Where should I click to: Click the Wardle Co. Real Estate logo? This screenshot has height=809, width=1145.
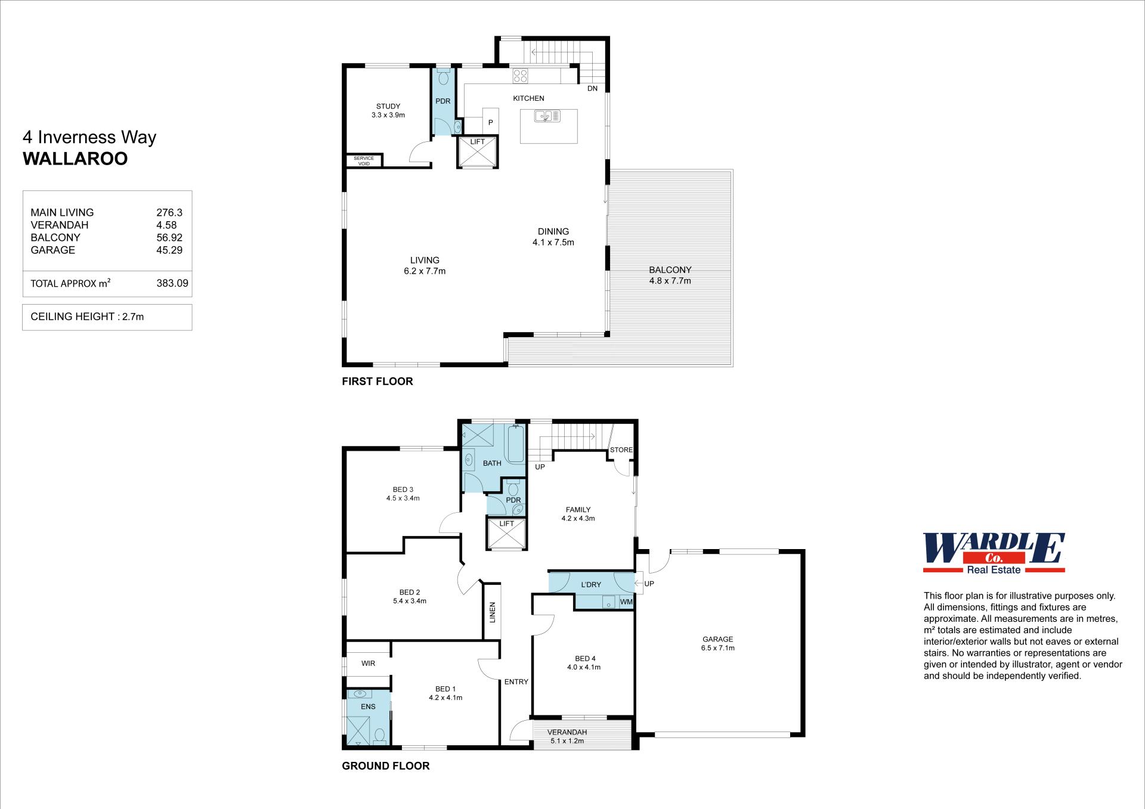click(994, 553)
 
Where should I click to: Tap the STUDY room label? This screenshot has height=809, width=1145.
click(388, 107)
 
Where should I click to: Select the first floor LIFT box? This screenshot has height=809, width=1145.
click(478, 152)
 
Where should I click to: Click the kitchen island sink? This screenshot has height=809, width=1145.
click(547, 116)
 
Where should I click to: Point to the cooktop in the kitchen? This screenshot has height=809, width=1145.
click(520, 76)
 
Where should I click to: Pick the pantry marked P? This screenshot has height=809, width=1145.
click(490, 122)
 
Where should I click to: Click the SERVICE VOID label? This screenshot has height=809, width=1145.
click(364, 161)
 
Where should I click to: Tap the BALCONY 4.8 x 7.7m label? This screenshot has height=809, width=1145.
click(670, 275)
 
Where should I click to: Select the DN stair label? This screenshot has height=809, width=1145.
click(592, 89)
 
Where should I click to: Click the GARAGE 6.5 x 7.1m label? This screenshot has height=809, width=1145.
click(718, 643)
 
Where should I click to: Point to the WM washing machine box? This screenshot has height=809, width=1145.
click(626, 602)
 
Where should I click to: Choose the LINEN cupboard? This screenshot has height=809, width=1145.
click(492, 612)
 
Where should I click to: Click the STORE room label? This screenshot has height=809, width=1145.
click(621, 450)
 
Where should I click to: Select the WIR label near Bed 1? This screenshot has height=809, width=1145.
click(368, 664)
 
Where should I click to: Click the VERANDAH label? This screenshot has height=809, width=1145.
click(567, 732)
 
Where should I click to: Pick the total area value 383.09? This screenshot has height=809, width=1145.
click(172, 283)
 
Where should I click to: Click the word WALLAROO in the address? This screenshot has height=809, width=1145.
click(75, 159)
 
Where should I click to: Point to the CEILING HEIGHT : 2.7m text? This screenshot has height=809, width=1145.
click(87, 317)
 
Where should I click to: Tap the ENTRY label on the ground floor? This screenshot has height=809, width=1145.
click(516, 681)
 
